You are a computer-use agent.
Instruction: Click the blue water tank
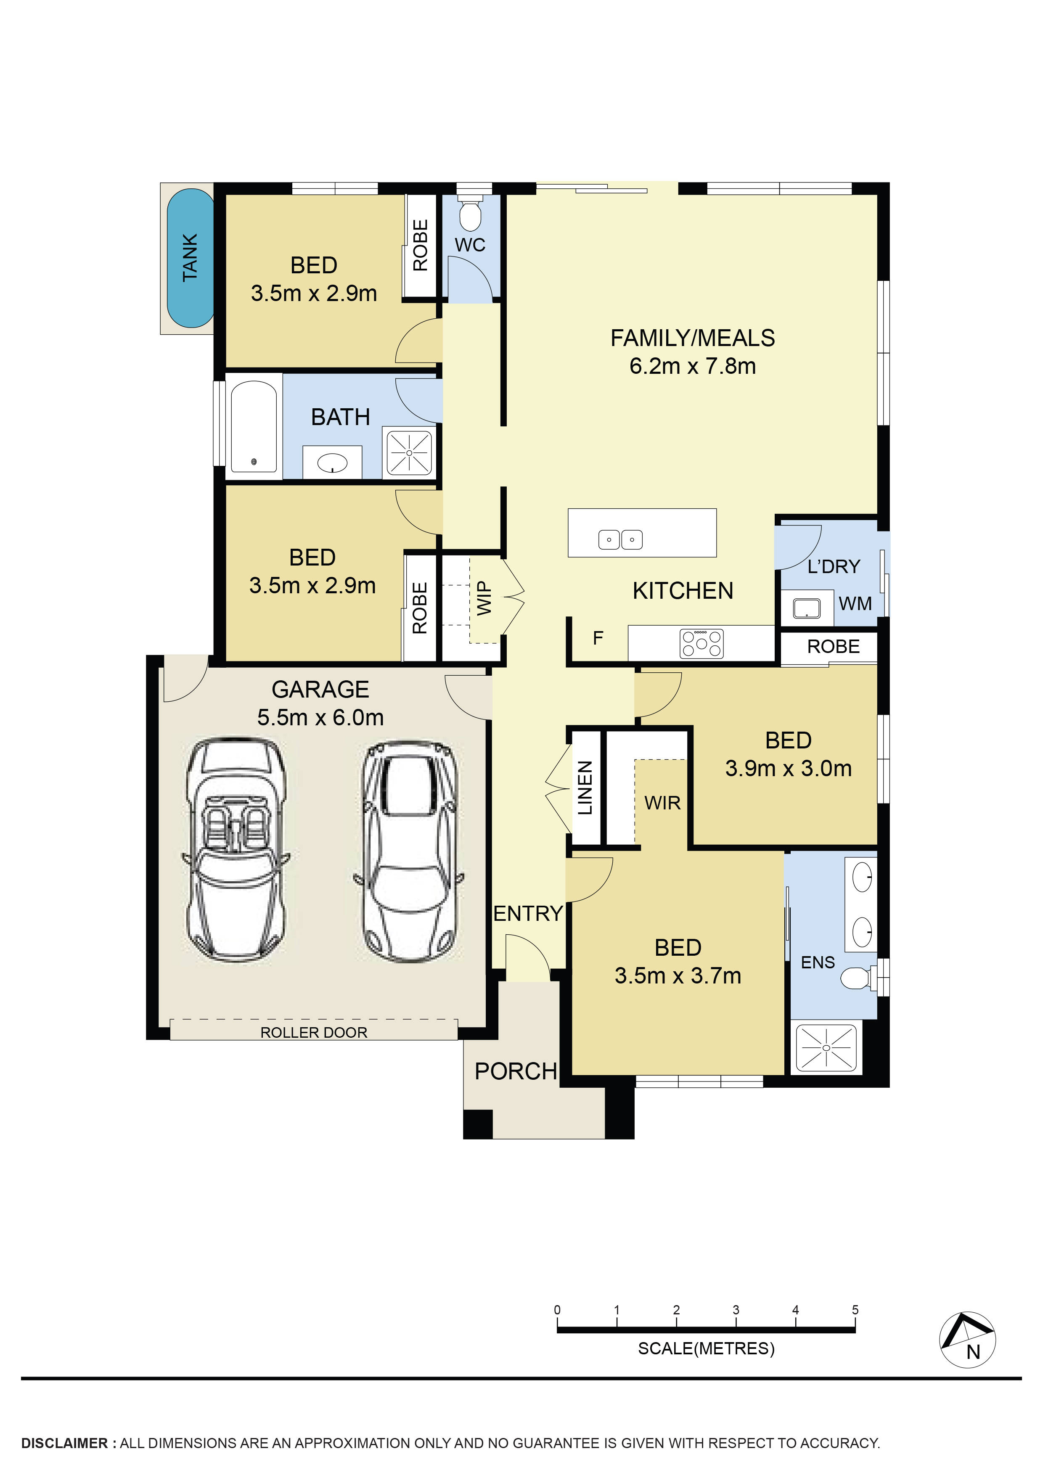(x=190, y=258)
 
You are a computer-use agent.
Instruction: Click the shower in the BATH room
(x=409, y=453)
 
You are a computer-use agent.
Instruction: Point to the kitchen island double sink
(x=620, y=539)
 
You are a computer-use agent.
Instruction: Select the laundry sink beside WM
(x=807, y=608)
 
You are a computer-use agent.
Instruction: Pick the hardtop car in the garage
(x=409, y=852)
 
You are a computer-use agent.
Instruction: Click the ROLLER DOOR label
(x=314, y=1032)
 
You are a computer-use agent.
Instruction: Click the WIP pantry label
(x=484, y=597)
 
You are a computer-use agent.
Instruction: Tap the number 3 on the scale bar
(x=736, y=1309)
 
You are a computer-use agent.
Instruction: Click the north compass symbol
(x=968, y=1340)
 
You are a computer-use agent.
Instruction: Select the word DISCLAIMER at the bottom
(x=65, y=1443)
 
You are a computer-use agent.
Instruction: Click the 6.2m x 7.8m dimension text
(x=693, y=366)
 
